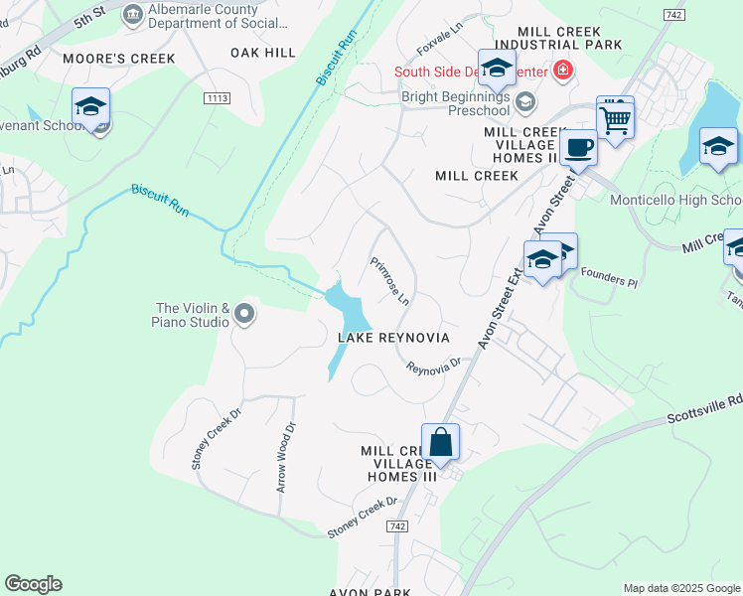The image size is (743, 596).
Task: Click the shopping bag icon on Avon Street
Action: [440, 442]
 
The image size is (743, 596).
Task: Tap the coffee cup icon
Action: [578, 148]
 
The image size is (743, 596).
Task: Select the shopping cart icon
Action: [616, 120]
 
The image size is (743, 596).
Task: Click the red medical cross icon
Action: [563, 71]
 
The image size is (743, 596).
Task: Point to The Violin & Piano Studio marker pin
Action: [244, 316]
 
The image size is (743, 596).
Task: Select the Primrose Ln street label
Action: [390, 281]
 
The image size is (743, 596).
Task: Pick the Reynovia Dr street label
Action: [434, 366]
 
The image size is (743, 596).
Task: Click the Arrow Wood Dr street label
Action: [286, 458]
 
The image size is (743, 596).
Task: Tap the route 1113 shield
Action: [218, 97]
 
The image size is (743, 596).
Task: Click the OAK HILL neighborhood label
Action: [263, 52]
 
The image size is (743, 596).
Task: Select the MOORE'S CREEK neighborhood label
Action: [118, 59]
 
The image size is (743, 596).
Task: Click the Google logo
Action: [33, 583]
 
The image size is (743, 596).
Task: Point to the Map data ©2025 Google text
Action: [680, 588]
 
